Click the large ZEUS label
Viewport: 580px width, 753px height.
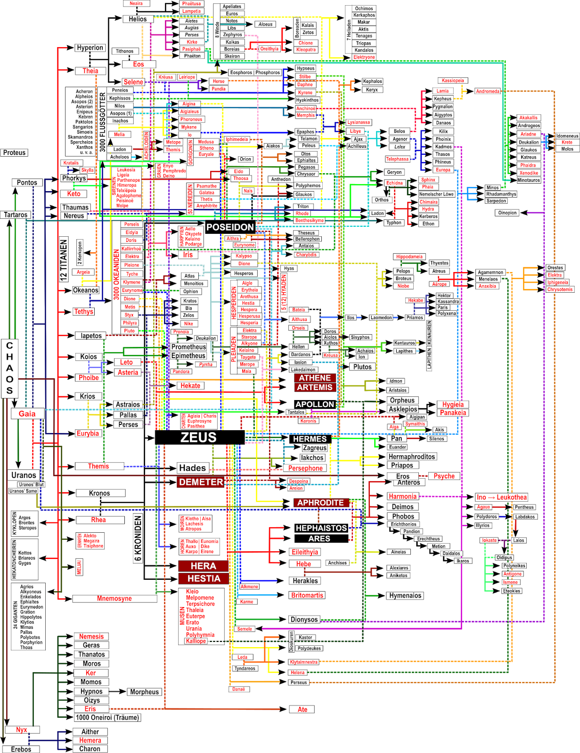(x=198, y=438)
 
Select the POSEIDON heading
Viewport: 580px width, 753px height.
(x=230, y=227)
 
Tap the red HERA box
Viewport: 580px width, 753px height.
(x=204, y=566)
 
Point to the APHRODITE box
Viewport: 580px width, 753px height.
(x=320, y=503)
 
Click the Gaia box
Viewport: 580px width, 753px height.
(x=27, y=414)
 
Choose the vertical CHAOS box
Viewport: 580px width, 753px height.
(x=9, y=368)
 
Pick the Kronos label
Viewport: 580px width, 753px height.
(x=99, y=493)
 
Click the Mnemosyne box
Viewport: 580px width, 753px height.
(x=114, y=599)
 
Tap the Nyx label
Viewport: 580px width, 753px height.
(x=22, y=730)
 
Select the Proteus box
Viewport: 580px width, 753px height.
(x=15, y=152)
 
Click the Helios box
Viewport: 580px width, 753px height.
(x=138, y=19)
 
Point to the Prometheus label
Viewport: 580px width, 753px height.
(x=188, y=347)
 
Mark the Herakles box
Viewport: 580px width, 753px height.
(x=305, y=581)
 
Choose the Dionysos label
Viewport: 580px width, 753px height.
(x=304, y=619)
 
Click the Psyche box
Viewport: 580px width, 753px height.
(x=444, y=476)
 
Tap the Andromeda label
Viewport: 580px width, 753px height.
(x=488, y=91)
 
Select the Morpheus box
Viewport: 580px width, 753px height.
(x=145, y=692)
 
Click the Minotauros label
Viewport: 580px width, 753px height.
(x=529, y=180)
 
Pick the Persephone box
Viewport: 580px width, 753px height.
(x=305, y=468)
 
